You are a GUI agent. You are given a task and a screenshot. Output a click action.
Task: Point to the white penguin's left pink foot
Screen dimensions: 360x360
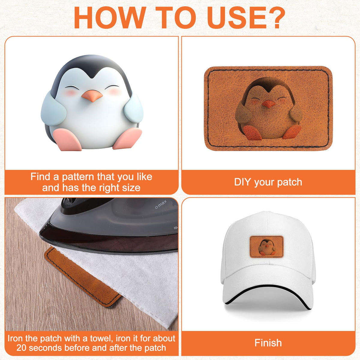click(67, 139)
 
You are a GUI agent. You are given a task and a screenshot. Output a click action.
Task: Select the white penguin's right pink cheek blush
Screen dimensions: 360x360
click(114, 91)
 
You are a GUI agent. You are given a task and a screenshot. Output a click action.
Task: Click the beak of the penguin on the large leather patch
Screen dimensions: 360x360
click(268, 104)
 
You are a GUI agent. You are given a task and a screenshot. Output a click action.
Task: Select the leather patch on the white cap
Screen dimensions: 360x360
click(267, 247)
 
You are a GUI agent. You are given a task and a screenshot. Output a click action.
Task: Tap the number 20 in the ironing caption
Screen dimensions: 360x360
click(22, 348)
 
